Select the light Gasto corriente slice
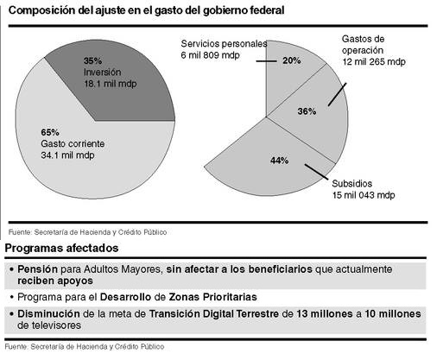(86, 161)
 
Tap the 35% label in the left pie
(92, 60)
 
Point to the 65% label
(50, 132)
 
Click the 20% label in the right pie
(292, 60)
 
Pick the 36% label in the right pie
(307, 111)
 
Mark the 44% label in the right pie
(279, 161)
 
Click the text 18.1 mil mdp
(111, 84)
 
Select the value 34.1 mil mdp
(67, 155)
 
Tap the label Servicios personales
(224, 44)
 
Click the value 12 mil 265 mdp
(374, 61)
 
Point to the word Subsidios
(352, 184)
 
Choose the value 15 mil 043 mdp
(364, 195)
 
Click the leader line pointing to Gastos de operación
(337, 95)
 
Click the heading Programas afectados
(61, 248)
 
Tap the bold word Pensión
(38, 269)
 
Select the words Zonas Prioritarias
(212, 297)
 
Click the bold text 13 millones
(325, 313)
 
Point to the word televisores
(56, 325)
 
